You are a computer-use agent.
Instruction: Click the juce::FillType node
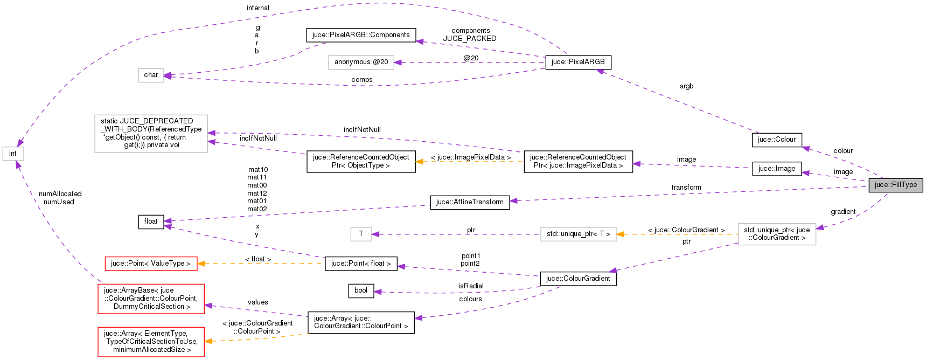tap(895, 185)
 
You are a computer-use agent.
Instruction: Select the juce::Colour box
tap(776, 140)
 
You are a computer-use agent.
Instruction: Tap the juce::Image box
tap(776, 169)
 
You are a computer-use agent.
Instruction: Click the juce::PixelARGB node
tap(578, 62)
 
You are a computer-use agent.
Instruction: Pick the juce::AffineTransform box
tap(470, 202)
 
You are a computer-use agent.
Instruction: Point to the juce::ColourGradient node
tap(577, 279)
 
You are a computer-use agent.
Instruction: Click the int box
tap(13, 154)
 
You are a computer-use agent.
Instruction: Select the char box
tap(151, 75)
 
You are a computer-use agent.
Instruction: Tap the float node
tap(151, 221)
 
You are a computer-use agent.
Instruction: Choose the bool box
tap(361, 290)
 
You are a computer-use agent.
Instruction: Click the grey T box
tap(361, 234)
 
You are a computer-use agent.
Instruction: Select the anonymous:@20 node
tap(361, 62)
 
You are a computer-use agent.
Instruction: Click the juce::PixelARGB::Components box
tap(361, 35)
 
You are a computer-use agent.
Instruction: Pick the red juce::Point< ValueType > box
tap(150, 264)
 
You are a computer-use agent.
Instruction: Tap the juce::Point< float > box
tap(361, 264)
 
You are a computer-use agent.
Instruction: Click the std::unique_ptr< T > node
tap(578, 234)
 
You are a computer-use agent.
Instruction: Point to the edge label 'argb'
tap(686, 86)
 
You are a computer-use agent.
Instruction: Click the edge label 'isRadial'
tap(471, 286)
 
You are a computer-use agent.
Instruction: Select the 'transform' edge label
tap(686, 188)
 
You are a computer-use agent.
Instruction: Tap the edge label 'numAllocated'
tap(60, 194)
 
